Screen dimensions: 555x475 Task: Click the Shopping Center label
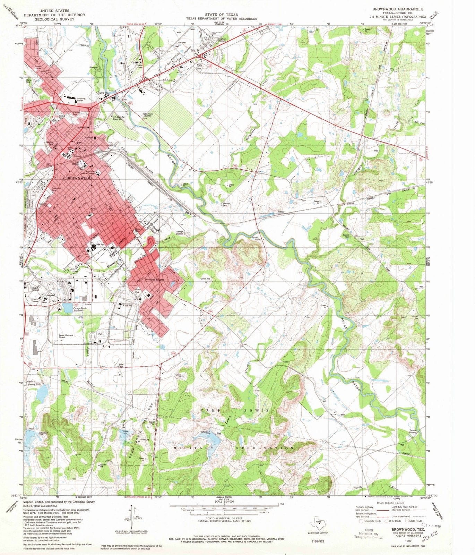81,100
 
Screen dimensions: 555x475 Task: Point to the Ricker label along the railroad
281,212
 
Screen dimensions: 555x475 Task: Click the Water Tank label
121,365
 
